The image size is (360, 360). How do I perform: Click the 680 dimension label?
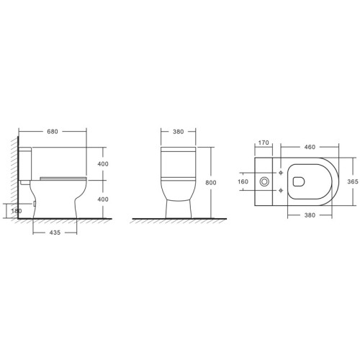pyautogui.click(x=53, y=132)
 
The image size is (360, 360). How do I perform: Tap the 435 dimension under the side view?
pyautogui.click(x=55, y=233)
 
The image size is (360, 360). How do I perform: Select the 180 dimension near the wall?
pyautogui.click(x=17, y=211)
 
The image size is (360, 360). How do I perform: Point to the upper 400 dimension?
pyautogui.click(x=103, y=164)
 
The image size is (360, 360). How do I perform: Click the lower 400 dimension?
pyautogui.click(x=103, y=199)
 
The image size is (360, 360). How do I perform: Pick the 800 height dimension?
pyautogui.click(x=211, y=182)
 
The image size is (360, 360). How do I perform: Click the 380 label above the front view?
pyautogui.click(x=178, y=132)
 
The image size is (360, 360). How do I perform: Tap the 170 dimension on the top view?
pyautogui.click(x=264, y=143)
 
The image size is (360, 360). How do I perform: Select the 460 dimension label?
pyautogui.click(x=310, y=147)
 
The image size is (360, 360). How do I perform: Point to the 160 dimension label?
pyautogui.click(x=243, y=181)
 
